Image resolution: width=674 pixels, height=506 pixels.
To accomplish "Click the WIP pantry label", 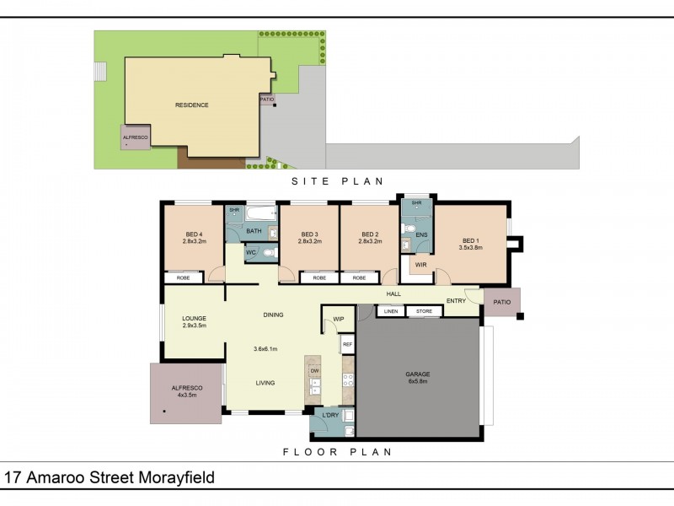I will (339, 319).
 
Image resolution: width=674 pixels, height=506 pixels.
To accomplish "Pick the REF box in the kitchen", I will (347, 344).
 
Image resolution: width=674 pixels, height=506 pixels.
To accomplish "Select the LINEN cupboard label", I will (390, 312).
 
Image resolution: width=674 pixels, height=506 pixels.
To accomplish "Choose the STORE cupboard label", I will (423, 312).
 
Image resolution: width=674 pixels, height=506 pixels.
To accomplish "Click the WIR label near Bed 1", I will (421, 265).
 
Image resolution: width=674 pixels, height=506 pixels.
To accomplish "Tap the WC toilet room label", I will (251, 252).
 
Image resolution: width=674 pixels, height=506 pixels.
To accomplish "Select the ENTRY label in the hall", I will (456, 301).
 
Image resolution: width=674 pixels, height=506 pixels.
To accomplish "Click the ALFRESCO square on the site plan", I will (135, 137).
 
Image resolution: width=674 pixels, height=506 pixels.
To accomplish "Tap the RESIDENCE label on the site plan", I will (191, 105).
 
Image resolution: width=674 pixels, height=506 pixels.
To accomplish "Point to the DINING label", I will (272, 315).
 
